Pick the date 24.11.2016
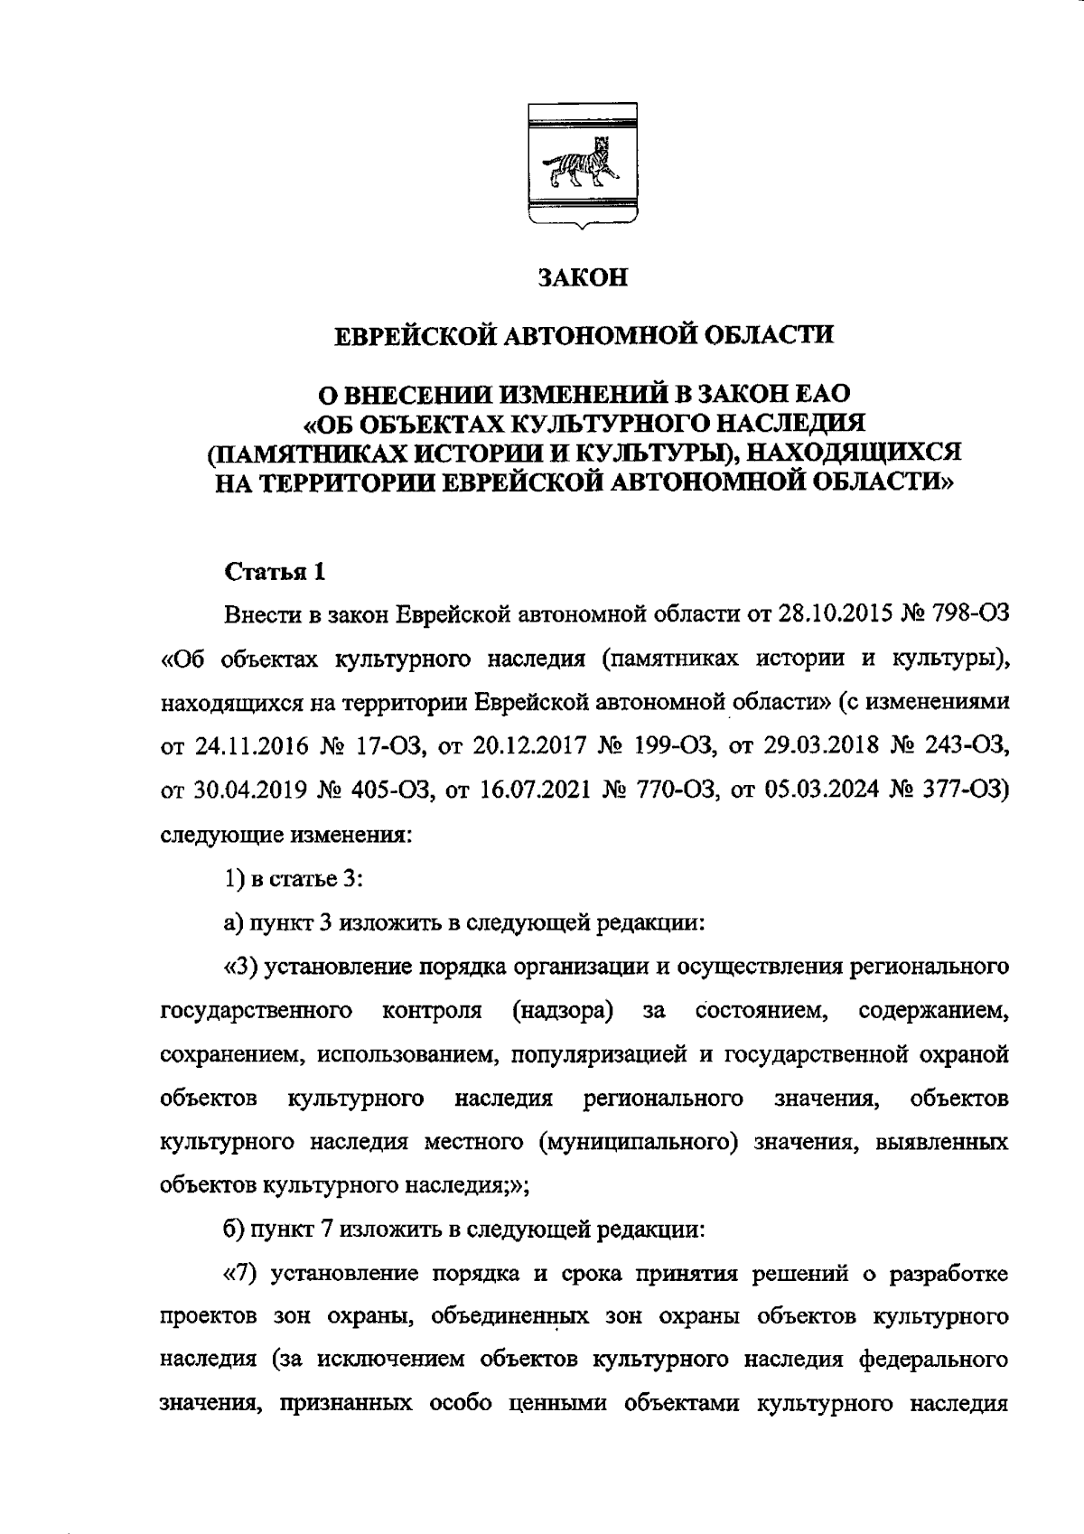[x=248, y=746]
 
